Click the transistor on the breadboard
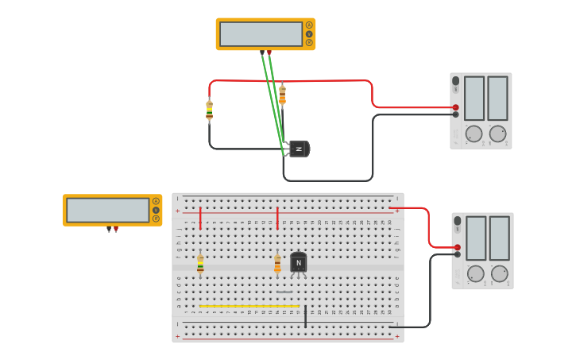[x=299, y=262]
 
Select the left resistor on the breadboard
[x=200, y=264]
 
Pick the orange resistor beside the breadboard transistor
[x=277, y=264]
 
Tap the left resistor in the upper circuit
[x=209, y=110]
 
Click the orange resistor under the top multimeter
[x=282, y=95]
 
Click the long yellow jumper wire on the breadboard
[x=249, y=306]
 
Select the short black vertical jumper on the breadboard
[x=305, y=315]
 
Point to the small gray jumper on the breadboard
[x=284, y=292]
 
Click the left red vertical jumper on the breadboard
[x=200, y=218]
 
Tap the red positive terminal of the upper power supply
[x=455, y=107]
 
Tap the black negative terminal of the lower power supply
[x=457, y=254]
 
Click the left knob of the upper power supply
[x=474, y=134]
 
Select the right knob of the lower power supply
[x=500, y=273]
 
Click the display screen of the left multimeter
[x=107, y=210]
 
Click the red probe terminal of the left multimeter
[x=116, y=230]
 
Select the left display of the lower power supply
[x=476, y=238]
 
